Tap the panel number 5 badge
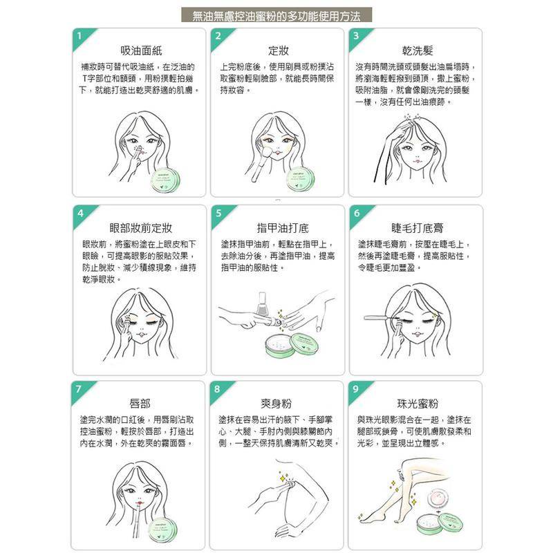coord(218,212)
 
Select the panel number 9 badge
coord(356,388)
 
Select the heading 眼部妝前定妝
coord(140,227)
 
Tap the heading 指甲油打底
coord(277,227)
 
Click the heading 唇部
coord(140,404)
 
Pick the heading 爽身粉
coord(277,404)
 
